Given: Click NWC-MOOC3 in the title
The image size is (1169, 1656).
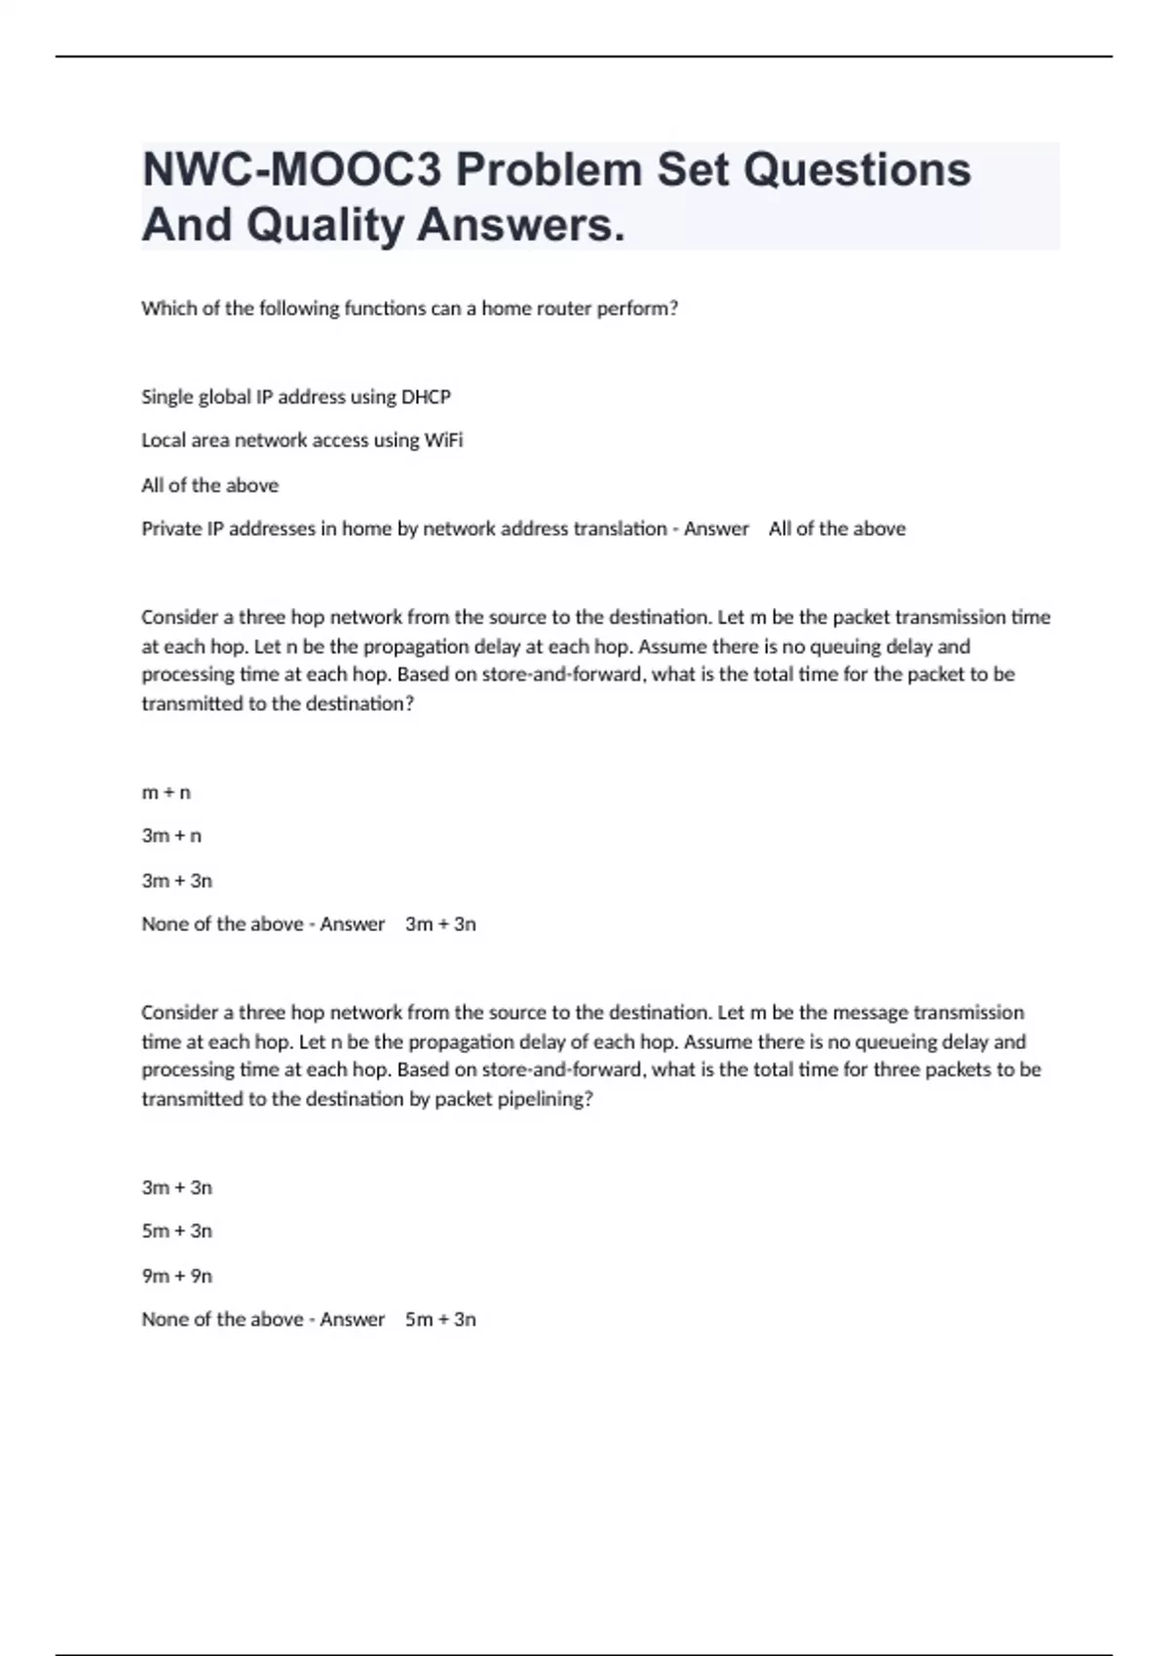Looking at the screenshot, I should pyautogui.click(x=291, y=170).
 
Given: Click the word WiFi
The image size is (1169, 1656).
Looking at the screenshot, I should pyautogui.click(x=443, y=440).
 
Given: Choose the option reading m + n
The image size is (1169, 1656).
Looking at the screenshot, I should pyautogui.click(x=167, y=793).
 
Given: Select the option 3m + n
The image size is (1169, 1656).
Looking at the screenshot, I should pyautogui.click(x=171, y=836).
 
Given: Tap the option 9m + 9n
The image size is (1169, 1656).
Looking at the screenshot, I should pyautogui.click(x=176, y=1276).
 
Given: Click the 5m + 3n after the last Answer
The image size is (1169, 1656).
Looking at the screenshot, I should pyautogui.click(x=440, y=1320).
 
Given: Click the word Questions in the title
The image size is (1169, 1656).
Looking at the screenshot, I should pyautogui.click(x=857, y=170).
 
